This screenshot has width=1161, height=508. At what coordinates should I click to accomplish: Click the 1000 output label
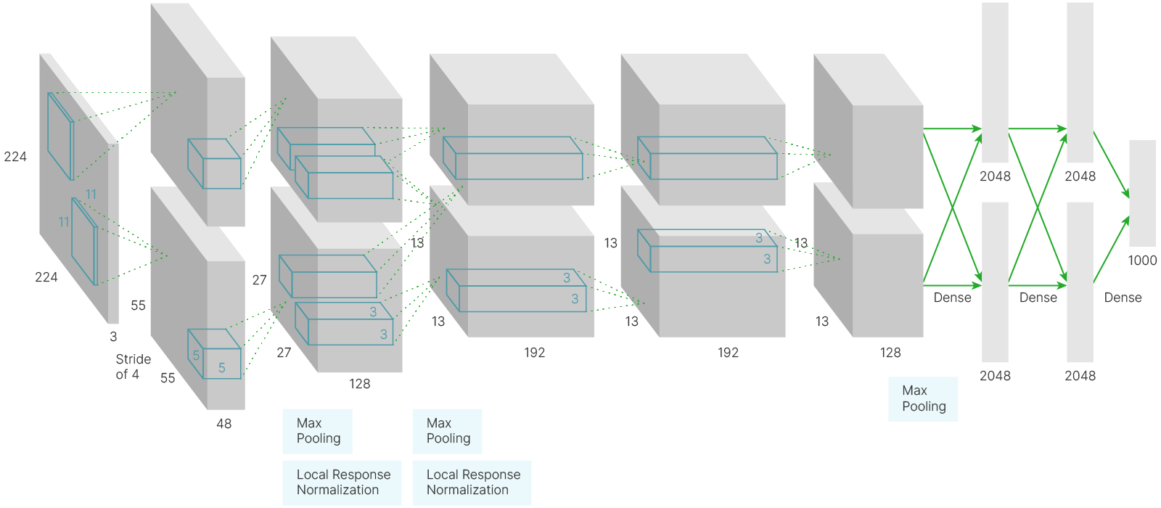(1142, 261)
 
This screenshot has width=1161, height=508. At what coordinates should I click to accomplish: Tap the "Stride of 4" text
(133, 366)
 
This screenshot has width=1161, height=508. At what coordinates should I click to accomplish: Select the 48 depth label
(223, 424)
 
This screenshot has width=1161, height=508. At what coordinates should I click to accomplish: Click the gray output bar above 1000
(1142, 193)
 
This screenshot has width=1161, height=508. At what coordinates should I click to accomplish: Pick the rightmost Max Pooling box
(923, 398)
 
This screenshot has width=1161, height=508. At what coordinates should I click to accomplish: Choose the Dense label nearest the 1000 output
(1123, 298)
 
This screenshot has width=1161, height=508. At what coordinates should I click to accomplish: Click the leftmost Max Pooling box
(317, 431)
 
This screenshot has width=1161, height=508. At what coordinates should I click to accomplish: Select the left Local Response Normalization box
(342, 482)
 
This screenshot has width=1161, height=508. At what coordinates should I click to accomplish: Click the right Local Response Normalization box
(472, 482)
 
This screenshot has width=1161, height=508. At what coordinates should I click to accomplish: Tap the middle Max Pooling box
(447, 431)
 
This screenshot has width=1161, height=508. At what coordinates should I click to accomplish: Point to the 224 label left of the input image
(15, 157)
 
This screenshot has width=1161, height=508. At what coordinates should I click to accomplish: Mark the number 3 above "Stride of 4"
(113, 337)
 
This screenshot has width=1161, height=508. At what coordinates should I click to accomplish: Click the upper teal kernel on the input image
(60, 136)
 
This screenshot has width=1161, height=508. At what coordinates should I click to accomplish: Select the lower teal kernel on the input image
(84, 241)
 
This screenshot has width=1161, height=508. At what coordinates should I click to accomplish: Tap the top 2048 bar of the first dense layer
(995, 82)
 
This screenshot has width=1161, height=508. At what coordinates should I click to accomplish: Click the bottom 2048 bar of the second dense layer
(1080, 282)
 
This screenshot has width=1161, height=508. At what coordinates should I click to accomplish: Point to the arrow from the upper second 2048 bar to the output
(1112, 164)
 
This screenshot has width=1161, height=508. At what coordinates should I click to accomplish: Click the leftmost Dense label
(952, 298)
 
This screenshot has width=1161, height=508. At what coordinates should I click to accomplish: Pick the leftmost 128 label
(359, 384)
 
